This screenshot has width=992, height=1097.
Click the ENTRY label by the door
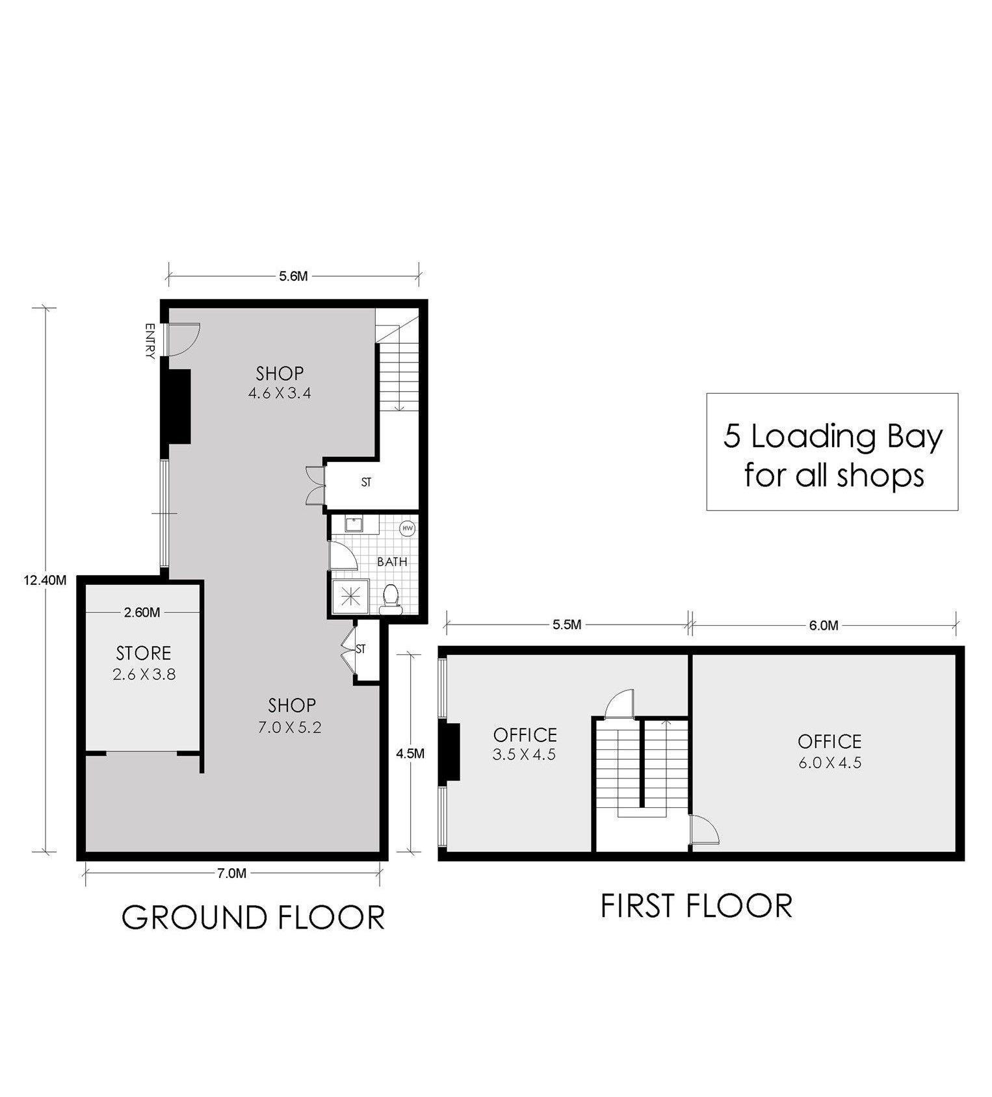click(150, 341)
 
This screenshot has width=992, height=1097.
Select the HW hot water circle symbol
click(408, 528)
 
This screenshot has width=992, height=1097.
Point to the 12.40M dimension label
click(44, 581)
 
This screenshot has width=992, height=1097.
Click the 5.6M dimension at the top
click(293, 276)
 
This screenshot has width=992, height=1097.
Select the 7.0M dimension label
click(232, 873)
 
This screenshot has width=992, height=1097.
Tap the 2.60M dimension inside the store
click(142, 612)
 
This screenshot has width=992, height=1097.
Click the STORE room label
click(144, 653)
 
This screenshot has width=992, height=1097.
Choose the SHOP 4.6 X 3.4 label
click(280, 383)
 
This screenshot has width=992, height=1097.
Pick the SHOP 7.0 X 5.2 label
click(292, 715)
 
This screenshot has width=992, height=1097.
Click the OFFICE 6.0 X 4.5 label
click(829, 751)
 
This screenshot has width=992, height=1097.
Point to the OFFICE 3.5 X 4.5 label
click(525, 744)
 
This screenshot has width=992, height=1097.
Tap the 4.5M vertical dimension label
click(410, 754)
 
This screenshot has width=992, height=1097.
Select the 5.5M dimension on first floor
click(566, 625)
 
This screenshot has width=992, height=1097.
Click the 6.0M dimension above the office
click(824, 625)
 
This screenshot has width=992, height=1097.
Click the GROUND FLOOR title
click(254, 917)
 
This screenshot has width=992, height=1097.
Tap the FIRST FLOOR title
click(696, 906)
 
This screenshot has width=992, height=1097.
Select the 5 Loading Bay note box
click(832, 452)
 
